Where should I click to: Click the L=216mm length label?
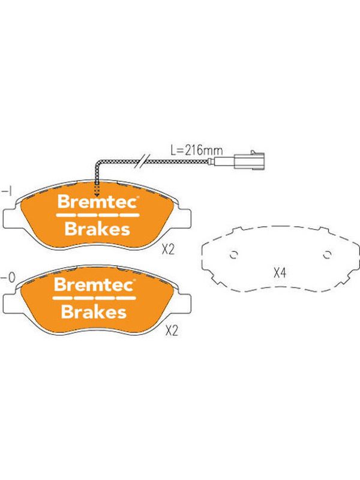click(x=197, y=151)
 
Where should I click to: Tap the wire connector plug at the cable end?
click(x=250, y=160)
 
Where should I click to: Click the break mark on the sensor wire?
click(x=144, y=161)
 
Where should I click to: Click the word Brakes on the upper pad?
click(x=97, y=229)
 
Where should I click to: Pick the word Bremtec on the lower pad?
click(x=94, y=284)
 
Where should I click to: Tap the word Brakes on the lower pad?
click(x=94, y=312)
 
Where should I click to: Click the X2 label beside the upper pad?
click(x=168, y=250)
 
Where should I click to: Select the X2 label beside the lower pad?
click(x=172, y=331)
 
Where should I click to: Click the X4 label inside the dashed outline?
click(x=280, y=272)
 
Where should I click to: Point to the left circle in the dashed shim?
click(x=234, y=255)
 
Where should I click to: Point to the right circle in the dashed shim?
click(x=327, y=255)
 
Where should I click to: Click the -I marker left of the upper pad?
click(x=7, y=192)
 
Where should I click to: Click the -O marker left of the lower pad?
click(x=8, y=278)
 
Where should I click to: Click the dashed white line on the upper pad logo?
click(x=98, y=215)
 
